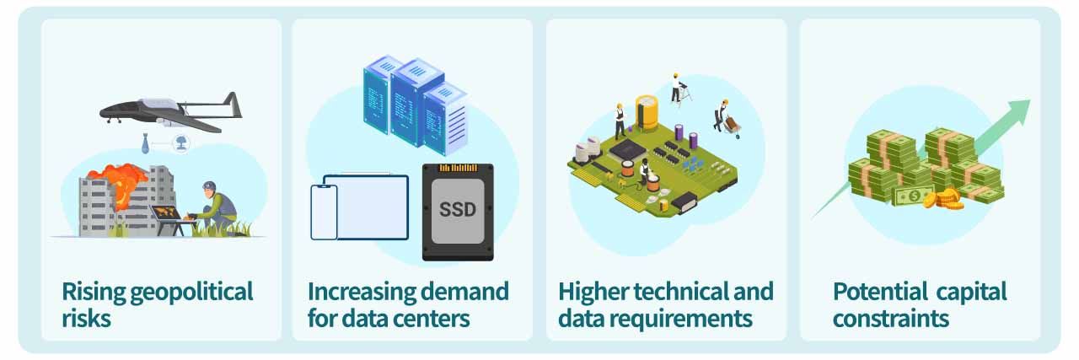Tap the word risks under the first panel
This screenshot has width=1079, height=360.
coord(86,319)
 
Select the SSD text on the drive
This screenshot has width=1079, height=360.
coord(458,209)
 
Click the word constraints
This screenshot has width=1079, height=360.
coord(891,319)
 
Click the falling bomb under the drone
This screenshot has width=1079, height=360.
coord(145,144)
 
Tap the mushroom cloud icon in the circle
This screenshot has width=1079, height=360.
coord(181,142)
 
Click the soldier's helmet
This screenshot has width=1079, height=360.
coord(210,185)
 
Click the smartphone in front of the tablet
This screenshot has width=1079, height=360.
coord(325,212)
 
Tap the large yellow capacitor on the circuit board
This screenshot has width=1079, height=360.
coord(647,112)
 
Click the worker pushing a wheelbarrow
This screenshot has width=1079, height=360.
coord(727,119)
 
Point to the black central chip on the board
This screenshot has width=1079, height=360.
coord(628,149)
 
